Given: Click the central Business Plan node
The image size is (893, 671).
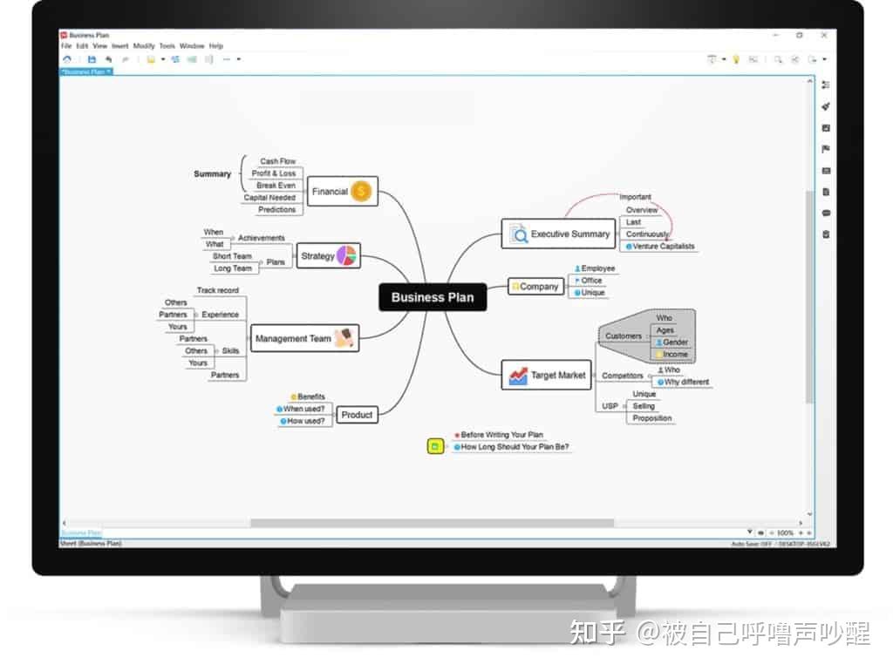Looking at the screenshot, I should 433,297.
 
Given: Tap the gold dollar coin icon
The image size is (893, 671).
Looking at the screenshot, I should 362,192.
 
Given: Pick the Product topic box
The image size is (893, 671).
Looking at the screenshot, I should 357,415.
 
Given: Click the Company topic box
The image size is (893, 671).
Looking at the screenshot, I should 535,286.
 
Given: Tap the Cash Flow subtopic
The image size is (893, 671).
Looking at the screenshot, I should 277,161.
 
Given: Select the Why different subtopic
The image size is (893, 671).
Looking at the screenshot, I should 686,383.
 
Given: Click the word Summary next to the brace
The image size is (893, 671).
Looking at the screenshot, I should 212,174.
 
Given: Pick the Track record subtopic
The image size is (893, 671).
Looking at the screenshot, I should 217,291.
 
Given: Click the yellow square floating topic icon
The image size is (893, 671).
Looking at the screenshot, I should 434,447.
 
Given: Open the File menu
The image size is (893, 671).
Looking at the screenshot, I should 66,46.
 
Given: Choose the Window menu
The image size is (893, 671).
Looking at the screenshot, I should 192,46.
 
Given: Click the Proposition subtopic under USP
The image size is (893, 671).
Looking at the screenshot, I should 652,418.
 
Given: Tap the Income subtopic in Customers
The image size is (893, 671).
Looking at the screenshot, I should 675,355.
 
